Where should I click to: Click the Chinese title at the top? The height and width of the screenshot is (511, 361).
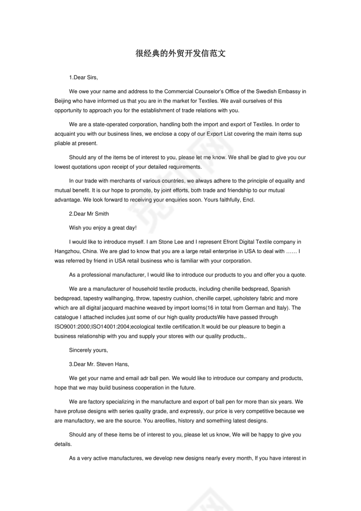tap(180, 54)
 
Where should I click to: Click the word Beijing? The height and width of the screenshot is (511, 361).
tap(63, 101)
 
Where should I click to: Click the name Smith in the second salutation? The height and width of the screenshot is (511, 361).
tap(101, 214)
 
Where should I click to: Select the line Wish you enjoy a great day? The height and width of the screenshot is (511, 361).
tap(103, 228)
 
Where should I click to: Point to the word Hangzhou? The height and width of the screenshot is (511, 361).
tap(67, 251)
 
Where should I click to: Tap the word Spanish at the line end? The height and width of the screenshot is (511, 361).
tap(281, 289)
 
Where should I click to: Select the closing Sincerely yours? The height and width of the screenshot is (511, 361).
tap(88, 350)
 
